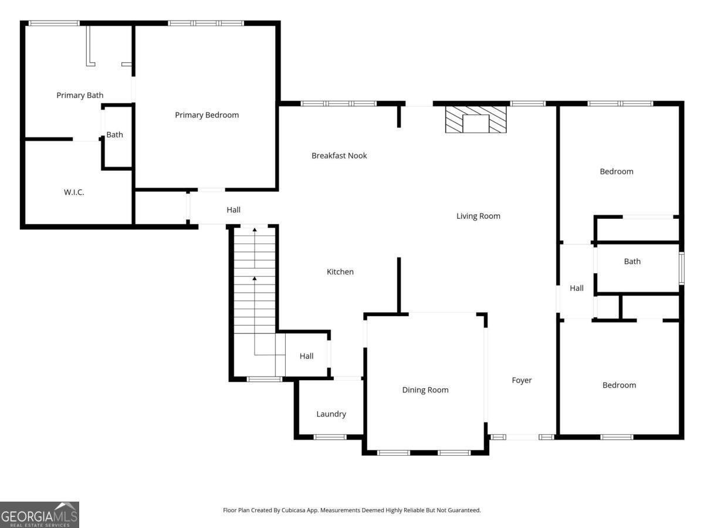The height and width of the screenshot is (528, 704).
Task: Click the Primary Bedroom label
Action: coord(207,115)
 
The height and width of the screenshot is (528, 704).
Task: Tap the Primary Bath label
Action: coord(80,95)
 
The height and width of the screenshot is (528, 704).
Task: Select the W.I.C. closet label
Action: coord(74,192)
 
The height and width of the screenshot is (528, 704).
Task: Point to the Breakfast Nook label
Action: coord(339,155)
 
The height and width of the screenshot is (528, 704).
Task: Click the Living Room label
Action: coord(478,216)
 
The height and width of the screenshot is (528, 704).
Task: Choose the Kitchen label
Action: coord(340,272)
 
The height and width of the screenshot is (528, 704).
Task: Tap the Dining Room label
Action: coord(425,390)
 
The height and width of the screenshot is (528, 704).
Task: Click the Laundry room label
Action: coord(331,414)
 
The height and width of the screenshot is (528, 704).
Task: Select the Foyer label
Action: coord(522,380)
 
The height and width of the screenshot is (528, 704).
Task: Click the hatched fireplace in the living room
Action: coord(476,119)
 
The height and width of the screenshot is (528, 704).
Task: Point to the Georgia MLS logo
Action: coord(39,515)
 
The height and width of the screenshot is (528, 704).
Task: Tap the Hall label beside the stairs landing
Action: coord(307,356)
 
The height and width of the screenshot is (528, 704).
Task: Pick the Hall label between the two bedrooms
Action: coord(577,288)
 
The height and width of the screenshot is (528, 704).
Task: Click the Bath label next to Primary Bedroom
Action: coord(114,135)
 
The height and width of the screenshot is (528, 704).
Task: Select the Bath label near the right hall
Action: coord(632,261)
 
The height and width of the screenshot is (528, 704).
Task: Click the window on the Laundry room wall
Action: coord(330,437)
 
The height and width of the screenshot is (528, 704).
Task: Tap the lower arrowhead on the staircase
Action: coord(255,279)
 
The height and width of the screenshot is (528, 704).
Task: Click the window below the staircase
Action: coord(264,379)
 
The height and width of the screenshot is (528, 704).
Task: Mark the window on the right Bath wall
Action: coord(682,268)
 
